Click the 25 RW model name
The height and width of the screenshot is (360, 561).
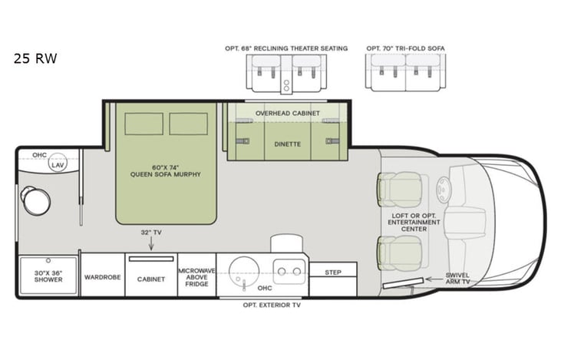(x=35, y=58)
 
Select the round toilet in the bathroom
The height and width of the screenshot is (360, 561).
(x=35, y=200)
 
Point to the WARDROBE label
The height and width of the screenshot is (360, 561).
(x=102, y=277)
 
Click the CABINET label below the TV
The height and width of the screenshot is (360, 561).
(x=150, y=279)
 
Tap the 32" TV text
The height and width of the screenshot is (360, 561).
(x=150, y=232)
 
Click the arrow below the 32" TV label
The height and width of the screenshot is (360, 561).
(x=150, y=244)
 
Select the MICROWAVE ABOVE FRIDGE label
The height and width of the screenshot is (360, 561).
(x=196, y=276)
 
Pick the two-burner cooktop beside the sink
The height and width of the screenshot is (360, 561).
(x=289, y=270)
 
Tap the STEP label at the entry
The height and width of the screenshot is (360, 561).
(x=333, y=272)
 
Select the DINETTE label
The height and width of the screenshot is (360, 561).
(x=288, y=144)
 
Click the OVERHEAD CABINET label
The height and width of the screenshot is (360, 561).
(x=288, y=113)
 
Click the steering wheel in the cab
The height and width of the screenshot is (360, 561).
(x=444, y=189)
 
